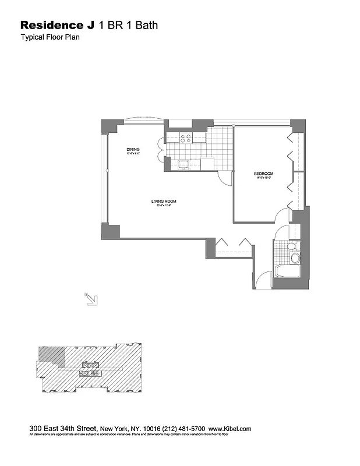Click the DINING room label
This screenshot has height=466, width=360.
pos(133,150)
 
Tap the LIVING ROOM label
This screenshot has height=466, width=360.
pos(164,202)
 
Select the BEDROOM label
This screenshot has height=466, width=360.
pos(263,174)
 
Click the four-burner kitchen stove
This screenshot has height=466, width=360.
pos(186,139)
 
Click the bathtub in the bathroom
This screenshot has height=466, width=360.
pos(287,272)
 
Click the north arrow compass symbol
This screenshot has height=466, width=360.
pos(91,299)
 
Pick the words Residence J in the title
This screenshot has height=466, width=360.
pos(58,25)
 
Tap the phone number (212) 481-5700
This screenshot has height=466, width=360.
pos(186,429)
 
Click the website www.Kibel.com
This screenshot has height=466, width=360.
pos(230,429)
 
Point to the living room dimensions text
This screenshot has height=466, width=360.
pos(164,206)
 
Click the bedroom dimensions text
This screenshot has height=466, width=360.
pos(263,178)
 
